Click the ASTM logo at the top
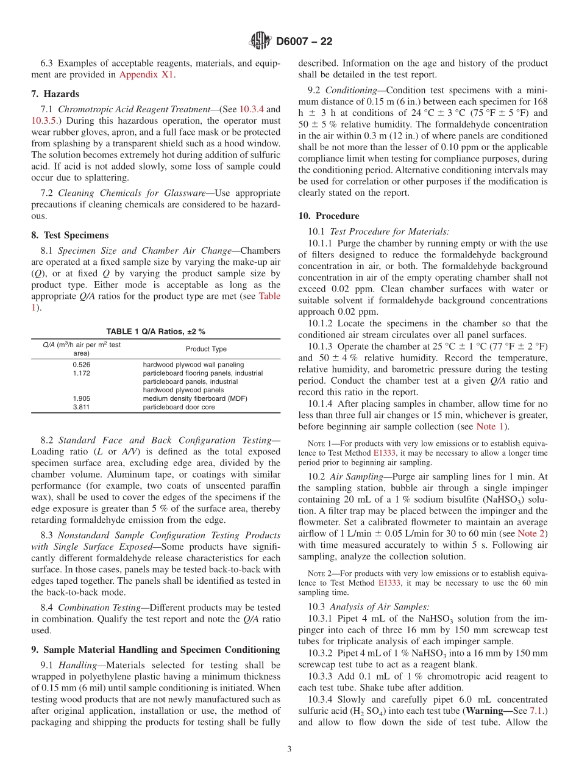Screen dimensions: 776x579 click(x=260, y=41)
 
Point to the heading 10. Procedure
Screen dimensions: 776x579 click(x=329, y=216)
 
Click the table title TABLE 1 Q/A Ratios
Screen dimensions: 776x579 click(x=155, y=331)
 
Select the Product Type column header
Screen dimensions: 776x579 click(x=206, y=349)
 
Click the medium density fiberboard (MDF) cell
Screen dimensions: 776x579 click(x=195, y=398)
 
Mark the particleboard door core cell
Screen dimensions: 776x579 click(x=179, y=407)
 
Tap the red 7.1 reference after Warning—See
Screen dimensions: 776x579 click(x=537, y=711)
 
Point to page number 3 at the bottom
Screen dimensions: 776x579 click(x=289, y=750)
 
